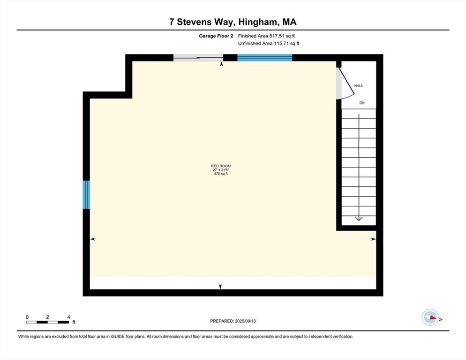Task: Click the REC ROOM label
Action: (x=220, y=166)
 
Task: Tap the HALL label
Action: (x=359, y=86)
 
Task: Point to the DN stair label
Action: (x=361, y=102)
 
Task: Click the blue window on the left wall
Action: (x=86, y=195)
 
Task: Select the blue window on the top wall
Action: (x=264, y=58)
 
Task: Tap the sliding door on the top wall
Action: (x=197, y=58)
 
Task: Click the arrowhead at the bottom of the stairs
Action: (x=359, y=217)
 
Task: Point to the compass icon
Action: (x=430, y=317)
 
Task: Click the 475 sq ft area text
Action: (x=220, y=174)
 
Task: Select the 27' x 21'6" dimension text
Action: (x=220, y=170)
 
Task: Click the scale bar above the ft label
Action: (x=48, y=322)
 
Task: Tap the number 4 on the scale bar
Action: (x=68, y=317)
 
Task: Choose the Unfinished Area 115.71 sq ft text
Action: (x=268, y=43)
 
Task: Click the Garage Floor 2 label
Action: (x=215, y=36)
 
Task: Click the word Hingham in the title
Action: (x=250, y=22)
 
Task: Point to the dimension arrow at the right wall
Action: (x=373, y=239)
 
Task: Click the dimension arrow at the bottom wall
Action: (x=220, y=286)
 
